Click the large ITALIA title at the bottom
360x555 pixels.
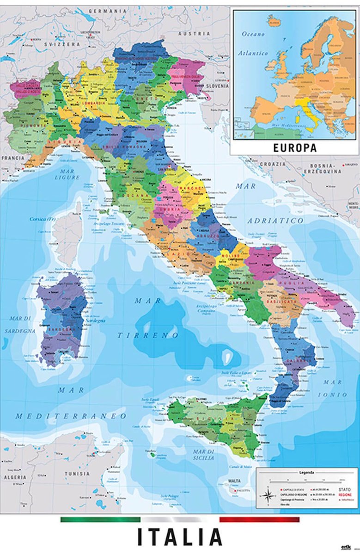click(180, 537)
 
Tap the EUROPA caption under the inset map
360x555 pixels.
click(294, 148)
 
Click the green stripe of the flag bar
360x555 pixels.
click(100, 520)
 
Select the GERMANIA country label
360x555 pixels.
click(108, 11)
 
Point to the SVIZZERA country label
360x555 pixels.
click(62, 44)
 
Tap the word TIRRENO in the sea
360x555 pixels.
click(147, 335)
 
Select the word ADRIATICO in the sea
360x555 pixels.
click(275, 221)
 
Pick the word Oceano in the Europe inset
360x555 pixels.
click(253, 34)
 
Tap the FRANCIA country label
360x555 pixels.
click(12, 158)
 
